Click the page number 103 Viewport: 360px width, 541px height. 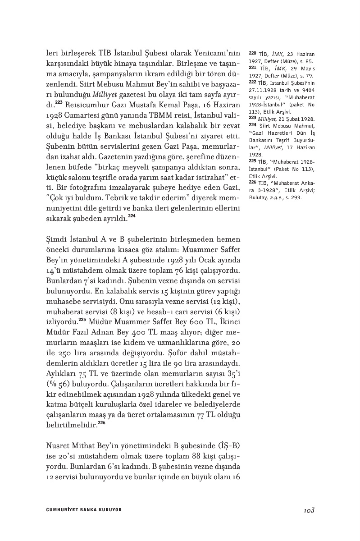[309, 510]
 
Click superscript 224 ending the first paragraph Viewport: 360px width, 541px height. [132, 216]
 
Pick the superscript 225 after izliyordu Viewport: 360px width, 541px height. [82, 320]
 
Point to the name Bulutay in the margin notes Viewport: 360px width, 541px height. [259, 197]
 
